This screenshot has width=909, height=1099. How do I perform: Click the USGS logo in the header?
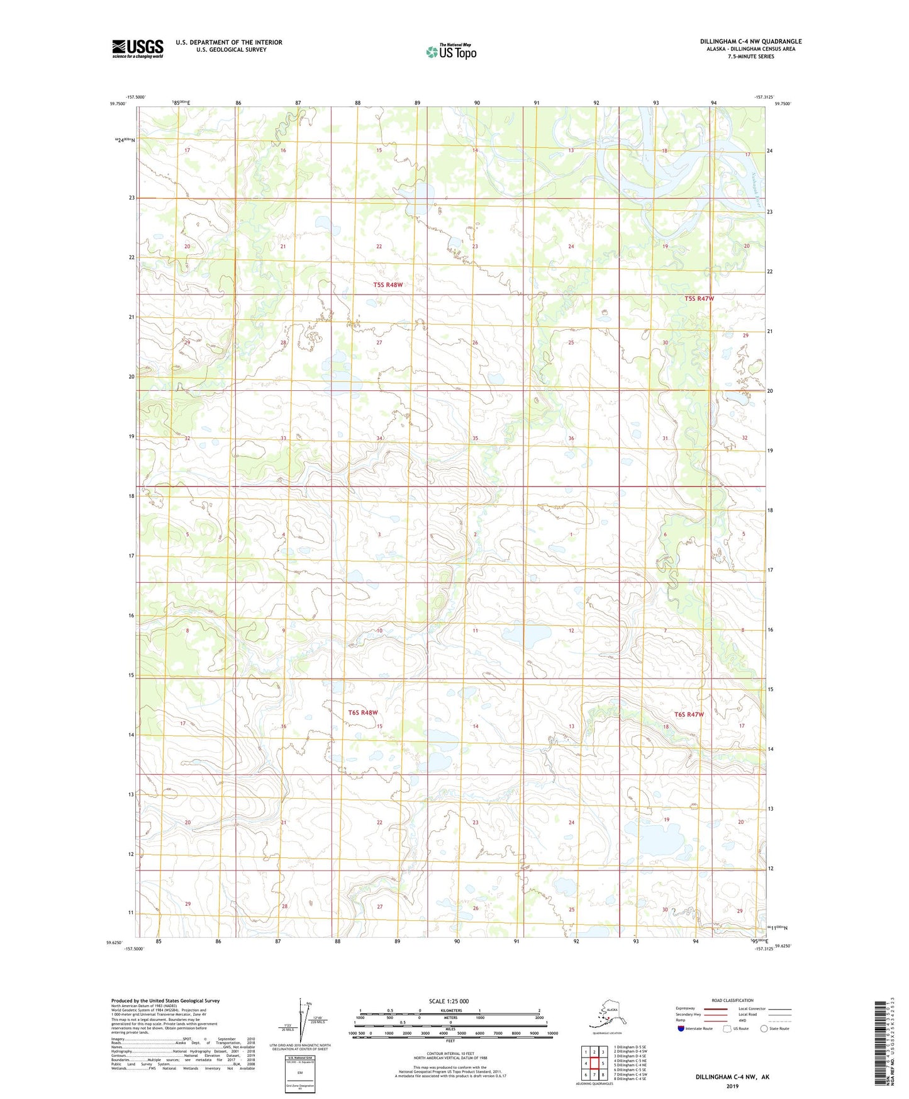point(137,48)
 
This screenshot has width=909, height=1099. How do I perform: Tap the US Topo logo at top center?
point(450,51)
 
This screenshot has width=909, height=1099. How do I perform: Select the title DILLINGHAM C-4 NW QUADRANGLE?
point(750,42)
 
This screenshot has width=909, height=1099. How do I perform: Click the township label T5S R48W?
point(388,285)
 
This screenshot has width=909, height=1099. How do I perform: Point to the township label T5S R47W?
point(699,298)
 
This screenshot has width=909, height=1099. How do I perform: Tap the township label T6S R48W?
point(363,713)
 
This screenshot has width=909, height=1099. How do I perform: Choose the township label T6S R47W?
point(689,714)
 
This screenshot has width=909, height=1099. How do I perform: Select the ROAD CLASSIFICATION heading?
point(732,1000)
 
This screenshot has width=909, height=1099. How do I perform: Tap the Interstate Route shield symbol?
point(681,1029)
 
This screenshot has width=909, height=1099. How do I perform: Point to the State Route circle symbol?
point(764,1029)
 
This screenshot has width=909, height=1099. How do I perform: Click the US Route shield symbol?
point(728,1029)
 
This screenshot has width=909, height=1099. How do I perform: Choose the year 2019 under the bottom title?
point(732,1086)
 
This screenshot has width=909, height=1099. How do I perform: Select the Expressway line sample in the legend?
point(715,1008)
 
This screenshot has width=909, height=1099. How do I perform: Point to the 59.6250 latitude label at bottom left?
point(116,942)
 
